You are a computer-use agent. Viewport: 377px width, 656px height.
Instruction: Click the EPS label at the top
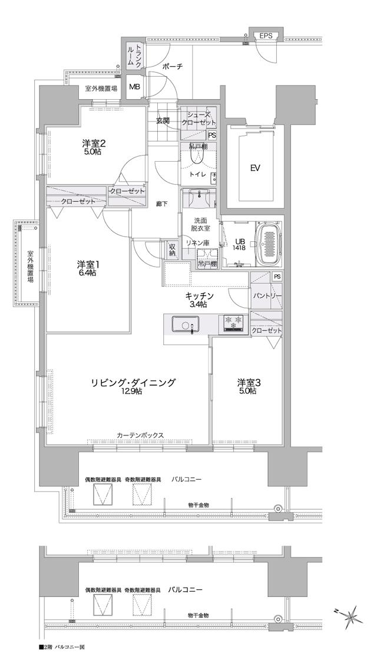pyautogui.click(x=266, y=36)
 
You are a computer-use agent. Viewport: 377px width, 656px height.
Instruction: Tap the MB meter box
pyautogui.click(x=135, y=87)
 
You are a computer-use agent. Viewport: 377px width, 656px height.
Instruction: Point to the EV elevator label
pyautogui.click(x=255, y=168)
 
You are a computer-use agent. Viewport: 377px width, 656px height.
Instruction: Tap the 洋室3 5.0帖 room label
pyautogui.click(x=249, y=386)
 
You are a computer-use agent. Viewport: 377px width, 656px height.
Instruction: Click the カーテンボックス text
pyautogui.click(x=140, y=435)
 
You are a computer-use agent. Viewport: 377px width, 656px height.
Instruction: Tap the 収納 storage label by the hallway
pyautogui.click(x=172, y=250)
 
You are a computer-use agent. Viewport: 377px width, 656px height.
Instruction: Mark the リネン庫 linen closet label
pyautogui.click(x=198, y=242)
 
